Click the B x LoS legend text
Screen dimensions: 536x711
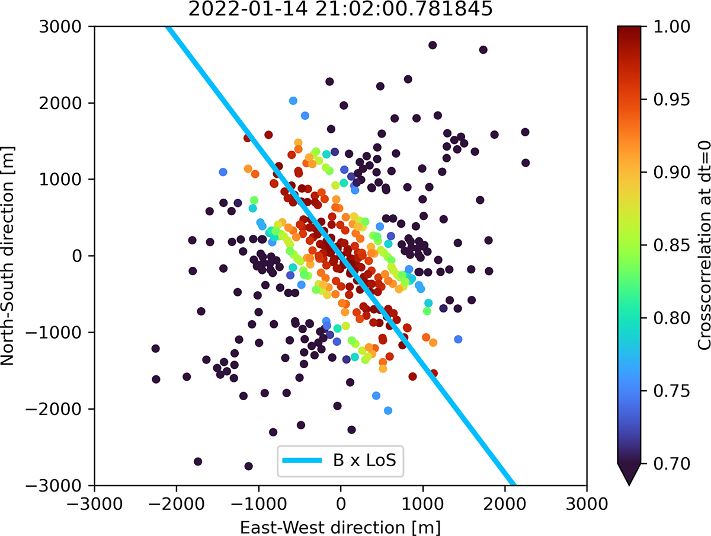pyautogui.click(x=369, y=461)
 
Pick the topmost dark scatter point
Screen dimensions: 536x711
pyautogui.click(x=433, y=45)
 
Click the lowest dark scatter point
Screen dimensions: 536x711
pyautogui.click(x=248, y=466)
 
